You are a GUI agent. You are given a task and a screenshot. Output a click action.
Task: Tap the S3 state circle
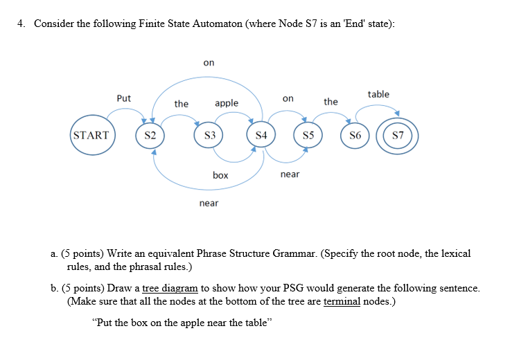click(x=208, y=135)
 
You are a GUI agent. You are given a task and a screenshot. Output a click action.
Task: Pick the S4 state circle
click(x=261, y=135)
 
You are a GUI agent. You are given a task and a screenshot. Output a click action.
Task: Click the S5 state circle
click(x=308, y=135)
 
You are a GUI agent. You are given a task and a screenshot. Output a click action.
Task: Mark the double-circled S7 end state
click(x=398, y=135)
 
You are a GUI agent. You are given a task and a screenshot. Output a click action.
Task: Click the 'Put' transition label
click(x=123, y=98)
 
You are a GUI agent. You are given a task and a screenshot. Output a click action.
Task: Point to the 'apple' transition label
click(x=227, y=103)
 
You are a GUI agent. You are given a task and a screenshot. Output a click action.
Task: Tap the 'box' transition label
click(x=220, y=175)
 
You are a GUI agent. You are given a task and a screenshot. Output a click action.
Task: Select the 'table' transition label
click(x=378, y=94)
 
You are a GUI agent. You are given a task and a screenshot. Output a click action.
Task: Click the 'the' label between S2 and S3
click(x=182, y=104)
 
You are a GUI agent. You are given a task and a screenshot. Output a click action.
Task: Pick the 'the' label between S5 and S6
click(x=331, y=102)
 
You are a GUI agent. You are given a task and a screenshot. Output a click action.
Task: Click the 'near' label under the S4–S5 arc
click(x=290, y=174)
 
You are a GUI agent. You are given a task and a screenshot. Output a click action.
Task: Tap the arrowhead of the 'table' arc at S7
click(x=396, y=115)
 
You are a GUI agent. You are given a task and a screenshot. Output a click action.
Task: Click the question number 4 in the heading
click(x=21, y=24)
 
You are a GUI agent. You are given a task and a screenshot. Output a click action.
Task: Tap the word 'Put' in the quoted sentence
click(x=104, y=323)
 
